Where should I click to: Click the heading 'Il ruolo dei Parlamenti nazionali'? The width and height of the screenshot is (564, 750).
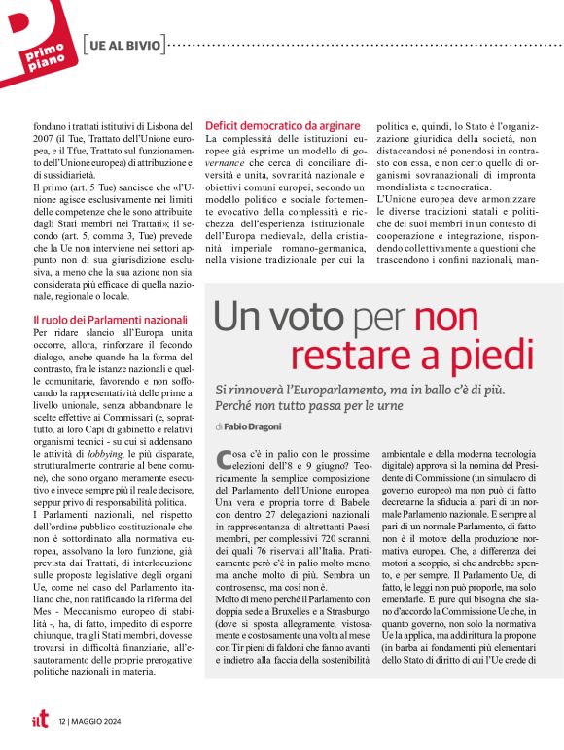tap(110, 319)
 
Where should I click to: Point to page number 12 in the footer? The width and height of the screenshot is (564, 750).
tap(62, 720)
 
